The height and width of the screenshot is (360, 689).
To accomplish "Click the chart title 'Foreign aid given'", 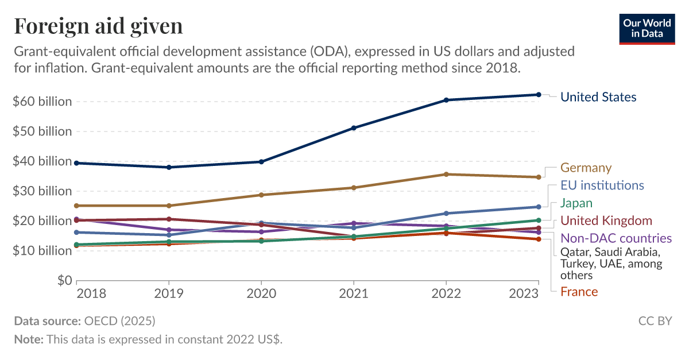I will tap(98, 26).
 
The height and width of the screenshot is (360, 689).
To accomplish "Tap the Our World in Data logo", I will tap(647, 28).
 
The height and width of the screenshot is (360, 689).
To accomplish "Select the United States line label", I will tap(598, 97).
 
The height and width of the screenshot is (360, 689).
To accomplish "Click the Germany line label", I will tap(586, 168).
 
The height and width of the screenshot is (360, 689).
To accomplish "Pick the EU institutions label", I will tap(602, 185).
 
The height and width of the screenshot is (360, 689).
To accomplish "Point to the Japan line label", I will tap(576, 203).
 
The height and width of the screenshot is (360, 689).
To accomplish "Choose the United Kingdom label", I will tap(606, 220).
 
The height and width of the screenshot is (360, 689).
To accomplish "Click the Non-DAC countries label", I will tap(616, 238).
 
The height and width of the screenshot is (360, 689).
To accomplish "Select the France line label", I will tap(579, 292).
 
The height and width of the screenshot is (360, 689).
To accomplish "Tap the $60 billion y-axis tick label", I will tap(42, 102).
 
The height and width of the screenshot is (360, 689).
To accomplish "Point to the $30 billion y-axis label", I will tap(42, 191).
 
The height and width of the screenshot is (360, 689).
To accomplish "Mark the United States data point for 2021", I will tap(354, 128).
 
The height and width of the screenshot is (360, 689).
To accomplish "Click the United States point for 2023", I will tap(538, 95).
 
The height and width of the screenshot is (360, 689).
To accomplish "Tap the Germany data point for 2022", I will tap(446, 174).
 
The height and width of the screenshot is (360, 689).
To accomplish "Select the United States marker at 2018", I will tap(76, 163).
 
